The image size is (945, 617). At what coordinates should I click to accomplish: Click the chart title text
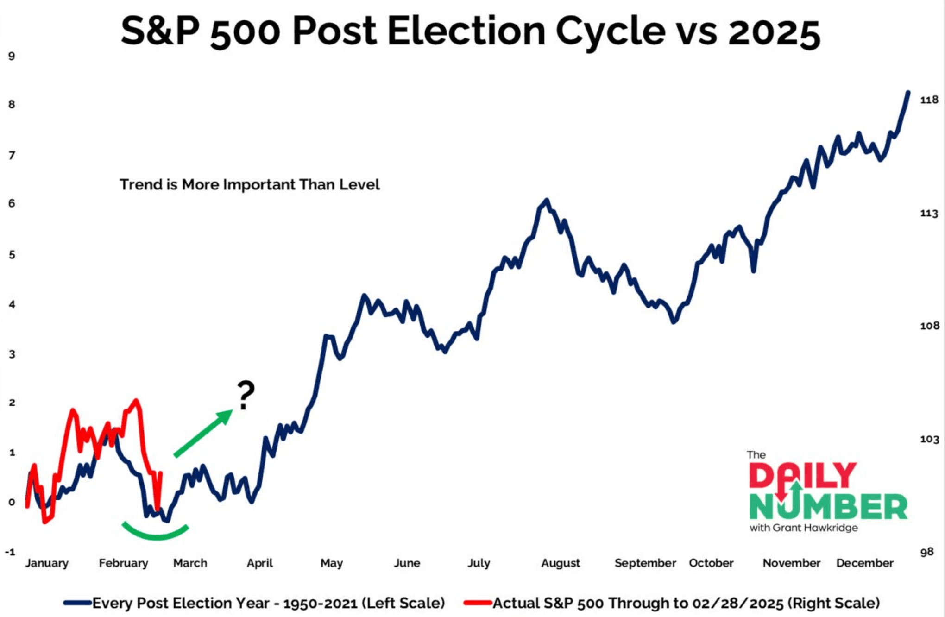tap(470, 31)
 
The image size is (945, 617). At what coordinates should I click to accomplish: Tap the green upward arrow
tap(204, 433)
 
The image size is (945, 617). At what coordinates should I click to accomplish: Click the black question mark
tap(246, 395)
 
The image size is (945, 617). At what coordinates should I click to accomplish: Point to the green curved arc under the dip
tap(156, 535)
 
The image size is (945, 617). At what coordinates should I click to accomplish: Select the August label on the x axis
tap(560, 563)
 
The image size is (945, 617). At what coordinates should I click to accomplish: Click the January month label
tap(47, 563)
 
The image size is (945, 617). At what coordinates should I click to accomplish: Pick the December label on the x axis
tap(864, 563)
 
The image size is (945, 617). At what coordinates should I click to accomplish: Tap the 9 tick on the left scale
tap(12, 57)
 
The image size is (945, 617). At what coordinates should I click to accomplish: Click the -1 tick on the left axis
tap(10, 552)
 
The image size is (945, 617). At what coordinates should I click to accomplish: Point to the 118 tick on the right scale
tap(929, 100)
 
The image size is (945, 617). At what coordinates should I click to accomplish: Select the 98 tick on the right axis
tap(927, 552)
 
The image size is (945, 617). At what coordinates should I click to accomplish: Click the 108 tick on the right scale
tap(929, 326)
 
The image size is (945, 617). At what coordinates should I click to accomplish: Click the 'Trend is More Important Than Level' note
tap(250, 185)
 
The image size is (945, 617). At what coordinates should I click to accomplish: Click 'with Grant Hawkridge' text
tap(803, 528)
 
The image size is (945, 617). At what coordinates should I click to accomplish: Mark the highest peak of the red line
tap(136, 400)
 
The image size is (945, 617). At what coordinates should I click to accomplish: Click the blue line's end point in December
tap(908, 93)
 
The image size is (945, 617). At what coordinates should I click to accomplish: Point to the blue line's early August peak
tap(547, 200)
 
